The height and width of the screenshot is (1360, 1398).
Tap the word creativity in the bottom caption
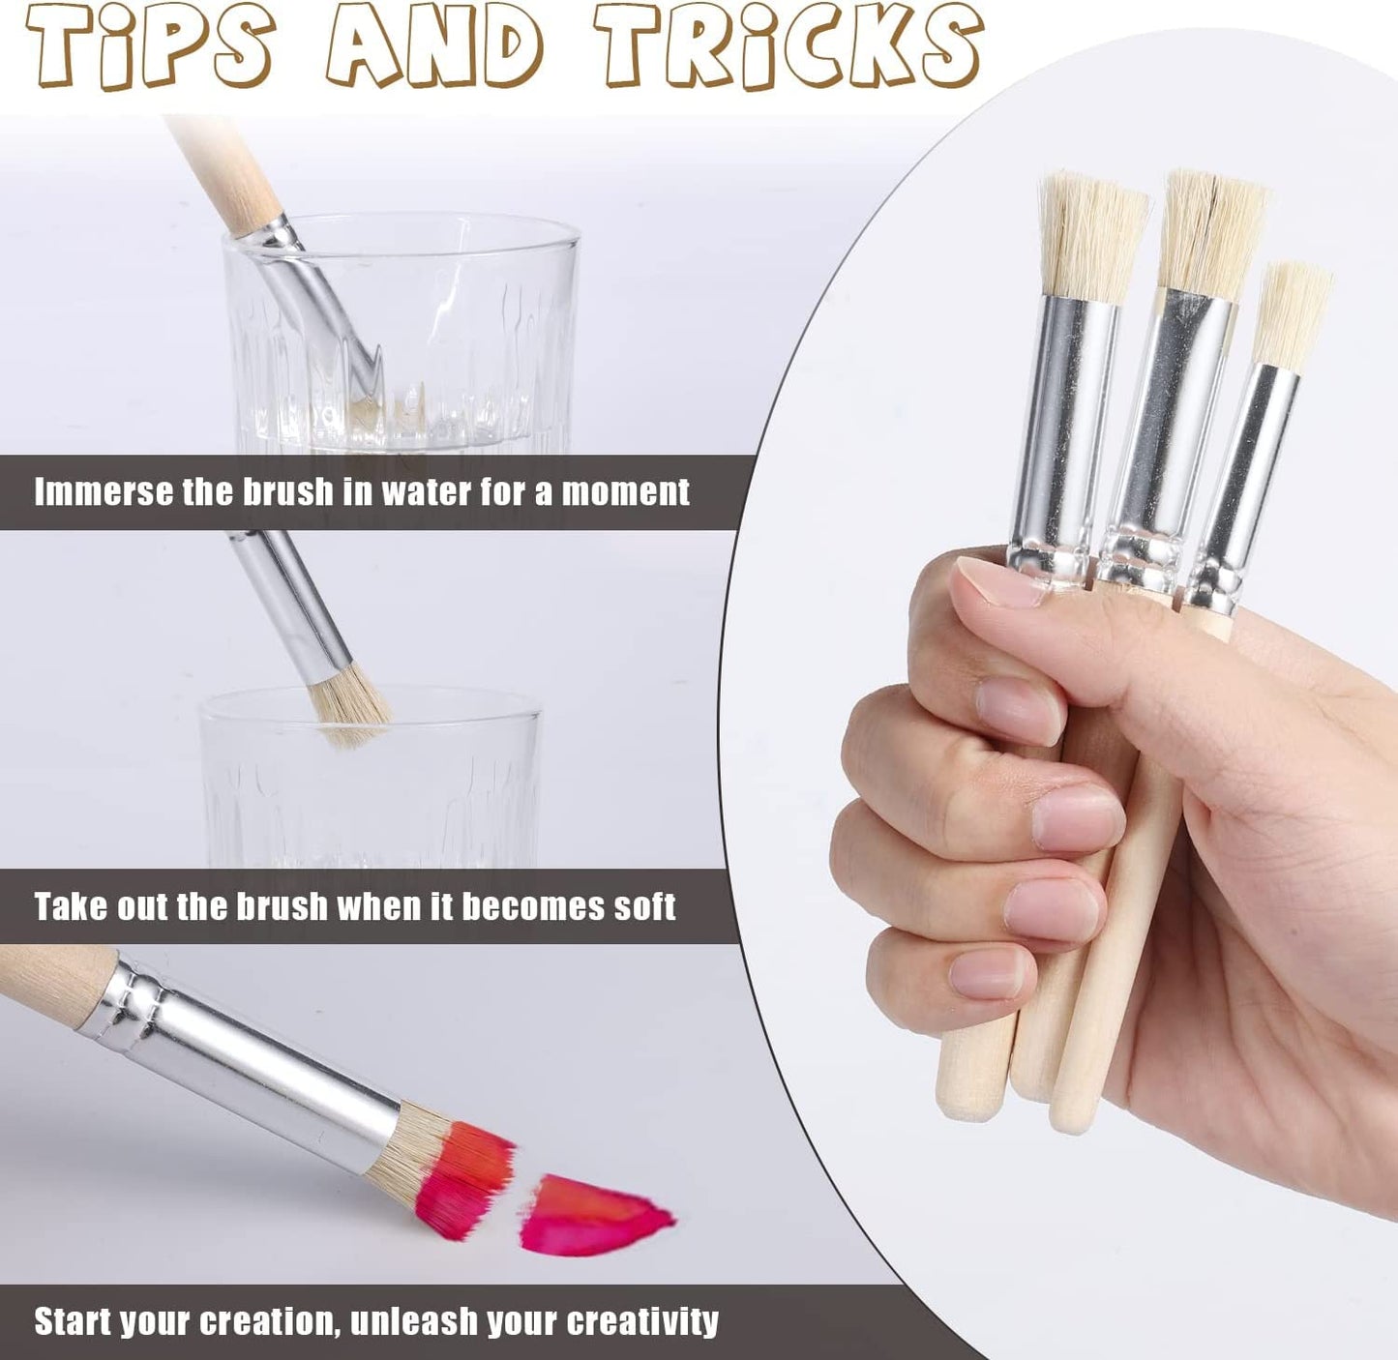coord(643,1320)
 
